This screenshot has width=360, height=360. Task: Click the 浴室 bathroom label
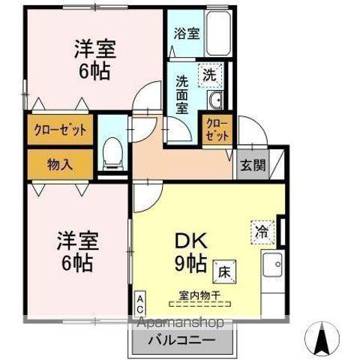[187, 34]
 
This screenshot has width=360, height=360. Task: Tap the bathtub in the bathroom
[218, 33]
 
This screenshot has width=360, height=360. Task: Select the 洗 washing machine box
[210, 75]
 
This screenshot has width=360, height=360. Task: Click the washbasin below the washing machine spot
[214, 100]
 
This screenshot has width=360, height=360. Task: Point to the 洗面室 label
[182, 95]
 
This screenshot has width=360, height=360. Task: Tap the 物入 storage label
[60, 164]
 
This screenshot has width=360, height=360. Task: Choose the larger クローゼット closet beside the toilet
[60, 130]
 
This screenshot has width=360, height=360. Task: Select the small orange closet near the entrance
[217, 130]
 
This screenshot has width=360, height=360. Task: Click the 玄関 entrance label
[253, 165]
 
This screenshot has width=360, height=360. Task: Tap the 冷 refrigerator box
[262, 232]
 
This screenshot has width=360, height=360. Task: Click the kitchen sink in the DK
[272, 265]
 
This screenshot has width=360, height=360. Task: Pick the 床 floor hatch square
[224, 272]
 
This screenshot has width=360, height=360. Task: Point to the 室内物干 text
[199, 295]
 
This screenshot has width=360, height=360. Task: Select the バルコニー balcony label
[181, 340]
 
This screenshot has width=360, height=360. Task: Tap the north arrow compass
[322, 338]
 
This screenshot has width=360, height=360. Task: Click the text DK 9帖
[191, 252]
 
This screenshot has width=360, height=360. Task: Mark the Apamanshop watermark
[181, 322]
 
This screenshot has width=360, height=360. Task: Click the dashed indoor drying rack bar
[199, 304]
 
